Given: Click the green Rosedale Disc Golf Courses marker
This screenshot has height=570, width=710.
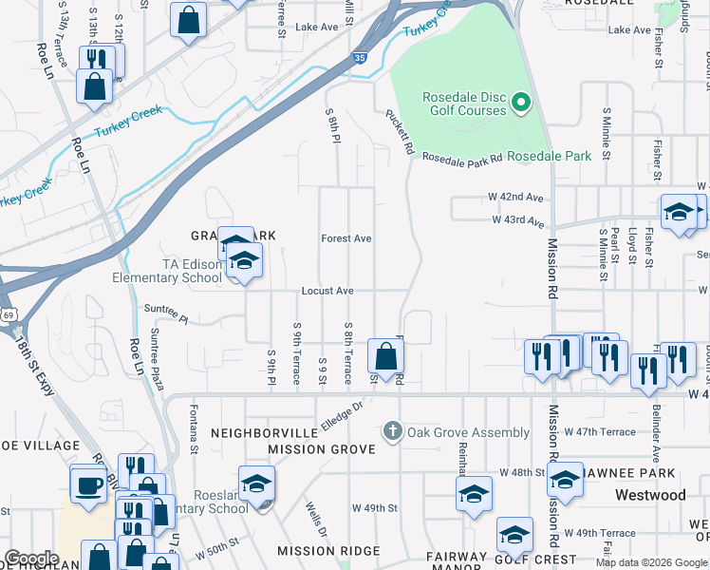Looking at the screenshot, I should [520, 101].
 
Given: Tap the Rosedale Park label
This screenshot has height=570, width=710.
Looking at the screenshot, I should [549, 156].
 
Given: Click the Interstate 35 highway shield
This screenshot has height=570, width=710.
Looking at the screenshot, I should [357, 57].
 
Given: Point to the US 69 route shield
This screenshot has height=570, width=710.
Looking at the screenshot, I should [8, 313].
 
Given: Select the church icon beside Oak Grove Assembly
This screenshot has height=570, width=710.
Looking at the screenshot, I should [392, 432].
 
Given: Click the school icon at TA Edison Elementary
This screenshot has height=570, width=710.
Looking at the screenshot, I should [244, 262].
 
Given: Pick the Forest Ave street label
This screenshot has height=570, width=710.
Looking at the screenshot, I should [346, 238].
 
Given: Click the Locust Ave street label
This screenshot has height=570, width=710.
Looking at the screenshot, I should [327, 291].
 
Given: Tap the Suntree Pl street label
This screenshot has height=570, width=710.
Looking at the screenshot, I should [166, 309].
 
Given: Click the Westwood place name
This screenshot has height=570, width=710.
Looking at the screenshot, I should [649, 495].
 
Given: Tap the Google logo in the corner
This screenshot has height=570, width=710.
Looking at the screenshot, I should [31, 559].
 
